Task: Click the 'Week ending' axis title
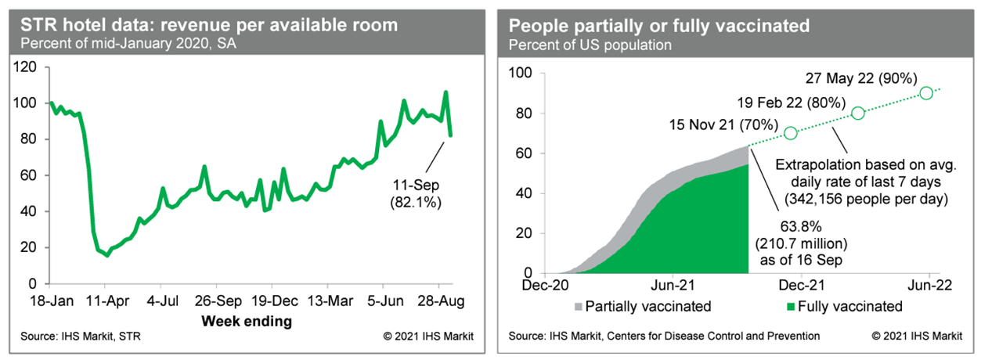point(247,321)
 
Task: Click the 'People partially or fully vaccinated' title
point(659,25)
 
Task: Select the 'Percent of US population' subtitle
point(590,45)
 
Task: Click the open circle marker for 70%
point(790,133)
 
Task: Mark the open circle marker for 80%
point(858,113)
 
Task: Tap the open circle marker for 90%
point(926,92)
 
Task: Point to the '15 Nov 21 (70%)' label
point(723,124)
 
